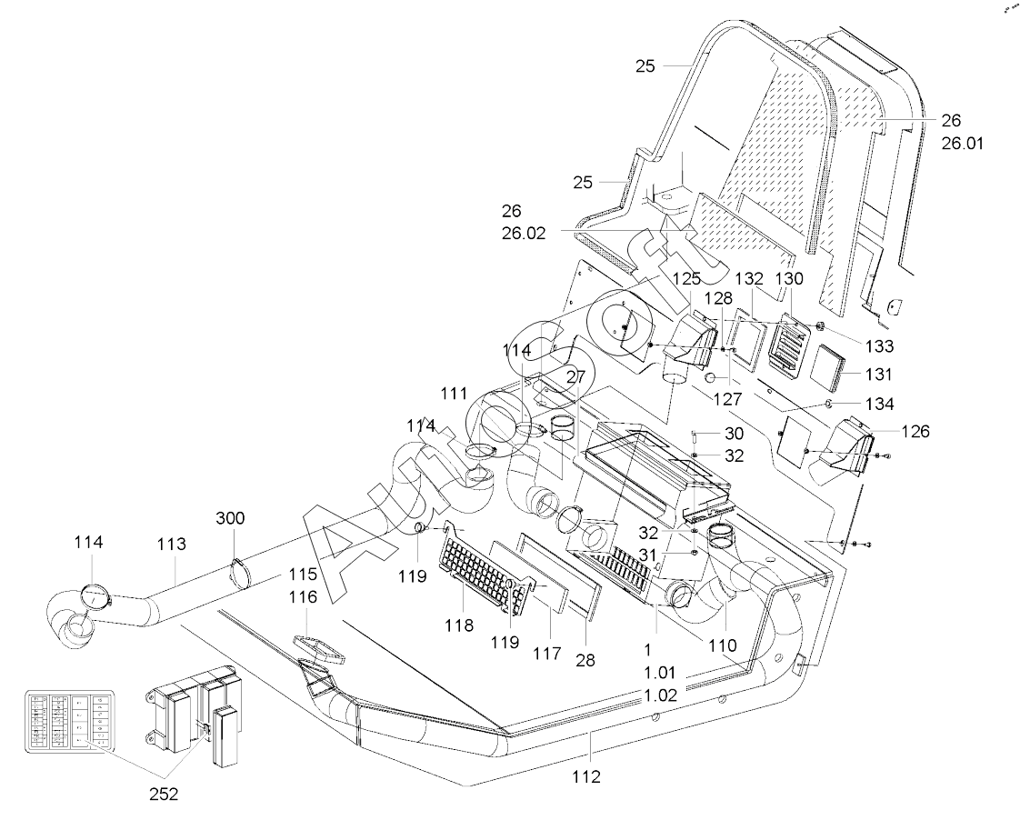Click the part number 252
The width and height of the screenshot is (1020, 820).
(x=164, y=794)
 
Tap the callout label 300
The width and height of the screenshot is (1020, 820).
(x=230, y=519)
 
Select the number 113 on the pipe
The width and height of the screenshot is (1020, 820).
(x=171, y=544)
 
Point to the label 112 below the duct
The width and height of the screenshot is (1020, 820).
(x=587, y=776)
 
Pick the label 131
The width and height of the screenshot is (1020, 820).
(x=880, y=374)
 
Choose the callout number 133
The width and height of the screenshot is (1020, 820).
(x=880, y=345)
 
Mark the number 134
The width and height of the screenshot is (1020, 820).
(x=880, y=403)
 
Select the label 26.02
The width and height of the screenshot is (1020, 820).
(x=523, y=232)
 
